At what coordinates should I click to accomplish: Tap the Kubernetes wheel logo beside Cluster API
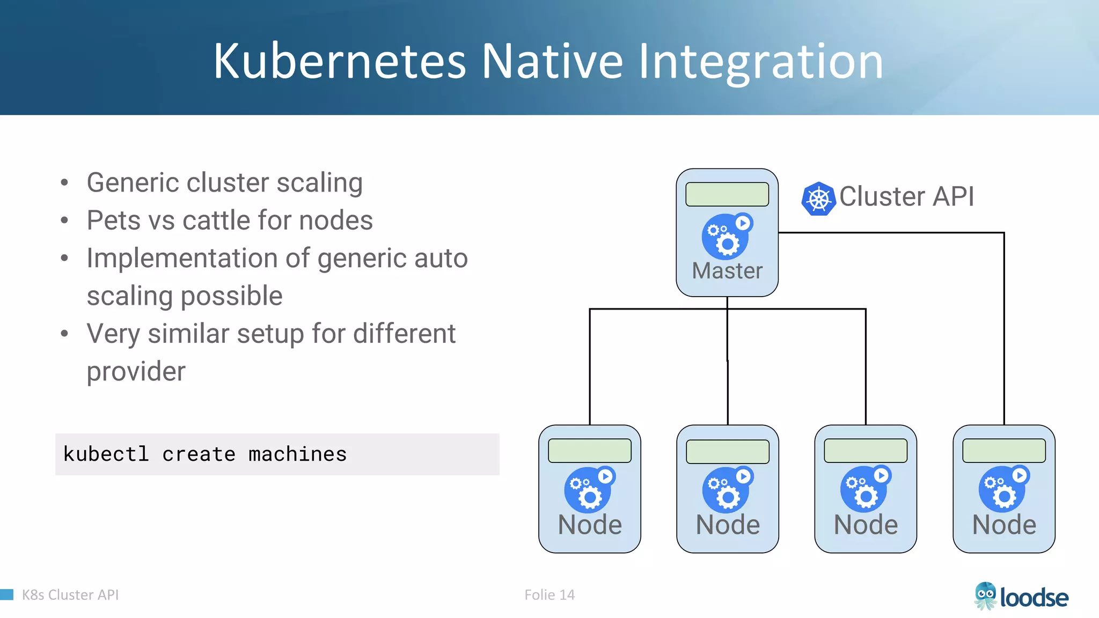[x=818, y=199]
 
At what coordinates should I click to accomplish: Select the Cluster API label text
[x=906, y=196]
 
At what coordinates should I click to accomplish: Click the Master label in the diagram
[x=727, y=271]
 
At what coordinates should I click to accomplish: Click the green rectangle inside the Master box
[x=727, y=194]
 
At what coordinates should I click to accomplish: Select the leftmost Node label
[x=590, y=525]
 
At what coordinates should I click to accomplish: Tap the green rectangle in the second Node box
[x=728, y=451]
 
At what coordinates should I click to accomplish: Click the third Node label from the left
[x=866, y=525]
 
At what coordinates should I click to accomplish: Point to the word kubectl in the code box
[x=106, y=454]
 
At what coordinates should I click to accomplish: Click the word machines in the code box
[x=297, y=454]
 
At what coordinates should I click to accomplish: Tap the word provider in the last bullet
[x=136, y=372]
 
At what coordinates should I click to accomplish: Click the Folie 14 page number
[x=549, y=594]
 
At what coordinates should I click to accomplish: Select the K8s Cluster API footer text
[x=70, y=594]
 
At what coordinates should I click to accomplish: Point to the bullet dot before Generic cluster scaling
[x=65, y=183]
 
